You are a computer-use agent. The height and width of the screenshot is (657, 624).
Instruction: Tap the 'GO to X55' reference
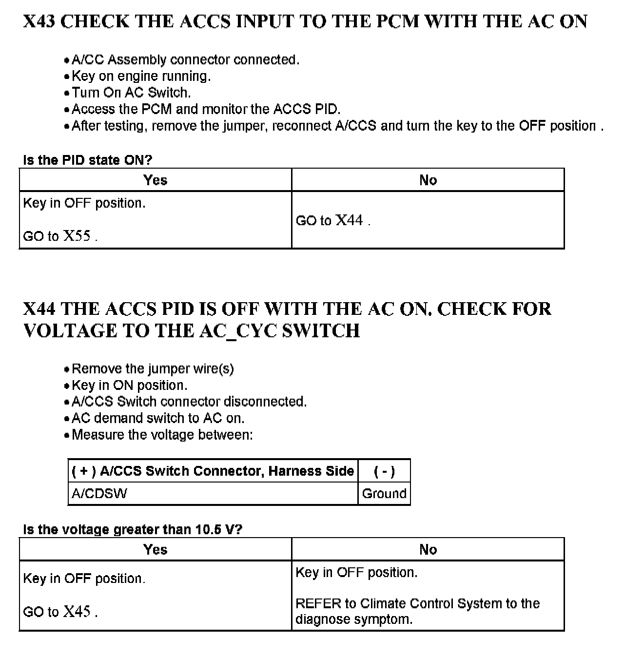click(x=60, y=236)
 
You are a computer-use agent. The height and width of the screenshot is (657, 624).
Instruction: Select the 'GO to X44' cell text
click(x=333, y=221)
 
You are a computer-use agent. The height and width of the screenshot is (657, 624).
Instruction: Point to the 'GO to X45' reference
click(x=60, y=612)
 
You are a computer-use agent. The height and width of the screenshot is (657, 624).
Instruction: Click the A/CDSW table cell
click(x=99, y=494)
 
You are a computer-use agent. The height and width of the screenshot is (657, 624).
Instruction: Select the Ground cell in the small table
click(x=384, y=494)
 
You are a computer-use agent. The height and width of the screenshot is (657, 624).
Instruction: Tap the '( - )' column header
click(x=384, y=471)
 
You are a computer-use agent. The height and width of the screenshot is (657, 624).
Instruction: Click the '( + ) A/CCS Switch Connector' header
click(x=213, y=471)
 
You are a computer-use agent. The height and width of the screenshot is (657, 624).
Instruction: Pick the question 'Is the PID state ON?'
click(x=88, y=160)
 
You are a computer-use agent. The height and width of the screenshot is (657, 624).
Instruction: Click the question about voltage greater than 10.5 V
click(x=133, y=530)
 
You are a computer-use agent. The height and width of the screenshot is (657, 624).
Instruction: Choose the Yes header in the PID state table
click(x=156, y=180)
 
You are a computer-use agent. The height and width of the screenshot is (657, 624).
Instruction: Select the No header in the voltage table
click(x=428, y=550)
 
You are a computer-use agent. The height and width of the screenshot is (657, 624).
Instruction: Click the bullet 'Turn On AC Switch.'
click(x=131, y=93)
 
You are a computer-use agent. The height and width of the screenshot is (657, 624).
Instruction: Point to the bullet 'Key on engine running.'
click(x=141, y=76)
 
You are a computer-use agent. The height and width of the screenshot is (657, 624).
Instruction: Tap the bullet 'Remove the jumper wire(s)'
click(x=153, y=369)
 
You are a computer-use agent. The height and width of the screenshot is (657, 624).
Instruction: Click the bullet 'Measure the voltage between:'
click(x=162, y=435)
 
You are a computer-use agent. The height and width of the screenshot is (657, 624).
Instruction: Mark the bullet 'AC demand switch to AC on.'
click(x=158, y=418)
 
